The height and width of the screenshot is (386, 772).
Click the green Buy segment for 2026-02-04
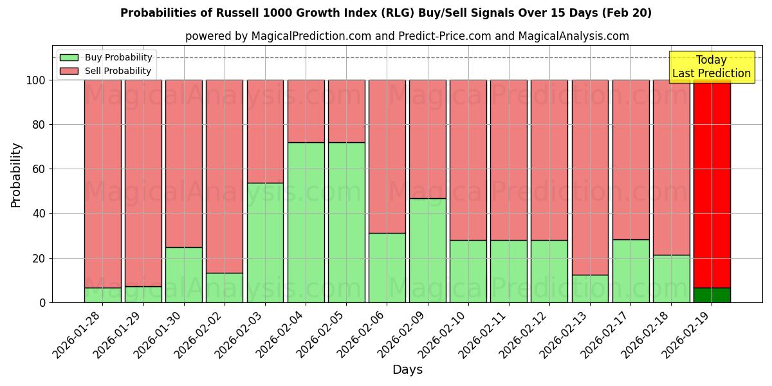(x=306, y=222)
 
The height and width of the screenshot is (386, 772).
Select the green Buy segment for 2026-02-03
(x=265, y=243)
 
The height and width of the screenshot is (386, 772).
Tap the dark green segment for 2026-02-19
(x=712, y=295)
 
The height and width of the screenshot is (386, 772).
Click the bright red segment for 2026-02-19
(x=712, y=183)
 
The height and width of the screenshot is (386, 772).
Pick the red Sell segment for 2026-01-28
(x=102, y=183)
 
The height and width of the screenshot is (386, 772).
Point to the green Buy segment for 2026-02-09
(x=427, y=250)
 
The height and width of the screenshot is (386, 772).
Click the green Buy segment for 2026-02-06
(x=387, y=268)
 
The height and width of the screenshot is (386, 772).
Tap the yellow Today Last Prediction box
(x=712, y=67)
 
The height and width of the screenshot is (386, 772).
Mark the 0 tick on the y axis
(x=41, y=302)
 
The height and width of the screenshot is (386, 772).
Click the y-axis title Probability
(x=16, y=175)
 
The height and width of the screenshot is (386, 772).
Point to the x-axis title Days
(x=407, y=370)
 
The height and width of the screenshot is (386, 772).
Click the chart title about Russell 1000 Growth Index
(x=386, y=13)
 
